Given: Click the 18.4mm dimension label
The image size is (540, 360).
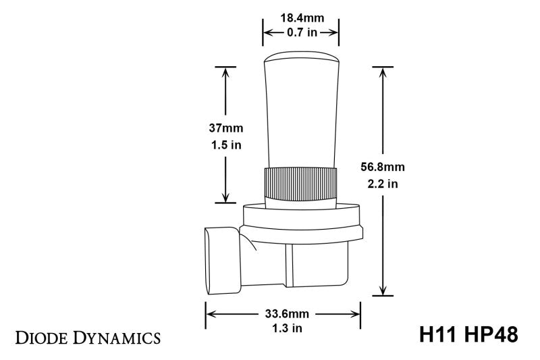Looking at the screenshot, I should [x=300, y=18].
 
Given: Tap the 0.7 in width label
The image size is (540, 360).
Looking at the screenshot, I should [x=300, y=32].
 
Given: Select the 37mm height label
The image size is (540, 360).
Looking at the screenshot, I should [x=225, y=128].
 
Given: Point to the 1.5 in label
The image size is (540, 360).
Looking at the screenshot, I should [x=225, y=144].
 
